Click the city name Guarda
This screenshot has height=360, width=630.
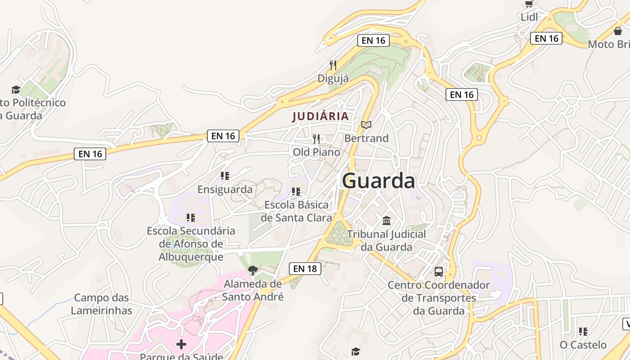[x=378, y=181]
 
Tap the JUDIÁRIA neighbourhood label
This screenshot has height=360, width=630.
[x=320, y=116]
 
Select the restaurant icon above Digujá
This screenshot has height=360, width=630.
[x=333, y=65]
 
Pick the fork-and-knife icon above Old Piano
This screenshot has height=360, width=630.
[x=316, y=139]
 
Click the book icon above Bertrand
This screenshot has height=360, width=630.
[x=366, y=125]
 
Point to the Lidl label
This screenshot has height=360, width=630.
[x=530, y=17]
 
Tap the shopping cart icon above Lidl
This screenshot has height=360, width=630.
[x=529, y=4]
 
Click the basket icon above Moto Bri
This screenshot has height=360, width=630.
[x=618, y=31]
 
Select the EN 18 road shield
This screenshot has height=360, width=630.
[x=305, y=269]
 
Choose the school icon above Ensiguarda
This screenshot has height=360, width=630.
[x=225, y=175]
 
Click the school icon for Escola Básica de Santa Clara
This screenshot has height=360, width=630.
[x=296, y=192]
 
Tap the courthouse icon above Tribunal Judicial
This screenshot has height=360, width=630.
[x=386, y=220]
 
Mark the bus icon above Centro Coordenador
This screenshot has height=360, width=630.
[x=438, y=271]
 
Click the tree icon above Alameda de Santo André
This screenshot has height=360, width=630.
[x=252, y=270]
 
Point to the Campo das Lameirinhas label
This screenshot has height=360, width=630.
[x=102, y=304]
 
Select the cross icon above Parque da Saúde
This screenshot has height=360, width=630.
[x=181, y=344]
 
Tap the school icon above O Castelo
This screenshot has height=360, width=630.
[x=583, y=332]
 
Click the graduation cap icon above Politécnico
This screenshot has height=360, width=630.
[x=16, y=90]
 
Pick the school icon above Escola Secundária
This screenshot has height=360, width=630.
[x=191, y=218]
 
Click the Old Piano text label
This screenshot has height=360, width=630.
[x=316, y=152]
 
